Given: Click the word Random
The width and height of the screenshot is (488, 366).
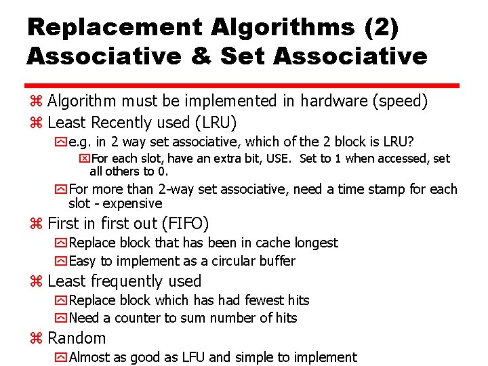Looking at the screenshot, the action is pos(77,338).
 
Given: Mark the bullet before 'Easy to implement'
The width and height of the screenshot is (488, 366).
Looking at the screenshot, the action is pos(62,261).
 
